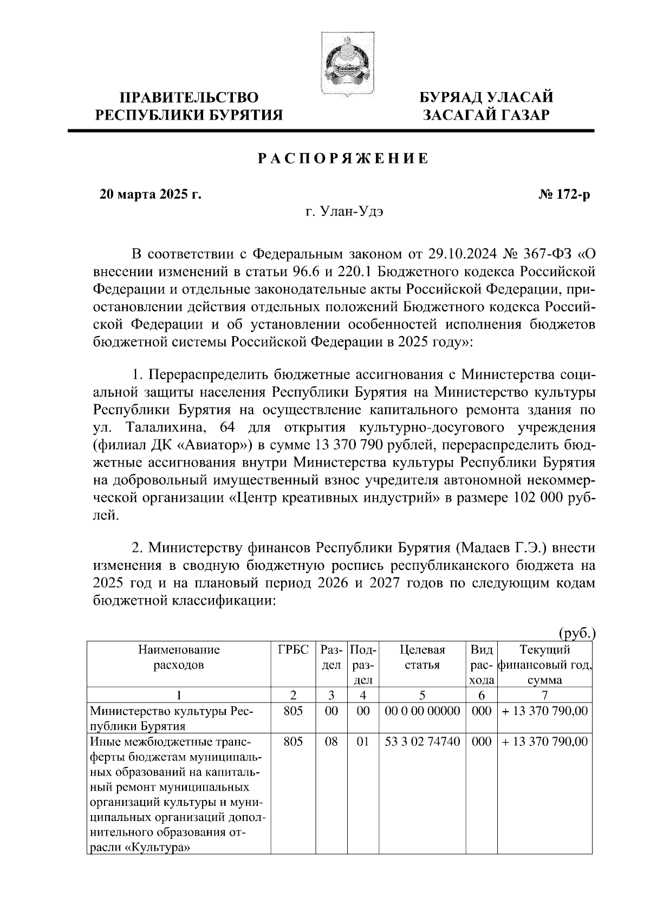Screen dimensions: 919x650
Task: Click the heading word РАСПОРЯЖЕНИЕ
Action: click(342, 159)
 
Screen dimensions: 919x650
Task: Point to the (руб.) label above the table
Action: click(576, 632)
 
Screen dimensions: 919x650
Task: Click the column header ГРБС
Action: click(293, 649)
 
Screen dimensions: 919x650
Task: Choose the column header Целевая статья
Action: click(422, 657)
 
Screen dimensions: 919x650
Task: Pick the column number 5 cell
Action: click(422, 695)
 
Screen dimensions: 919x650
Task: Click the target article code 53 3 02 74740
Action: click(422, 741)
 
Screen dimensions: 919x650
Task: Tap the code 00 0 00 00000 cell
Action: click(422, 711)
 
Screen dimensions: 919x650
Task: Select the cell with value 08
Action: click(331, 741)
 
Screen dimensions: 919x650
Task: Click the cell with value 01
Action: click(362, 741)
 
